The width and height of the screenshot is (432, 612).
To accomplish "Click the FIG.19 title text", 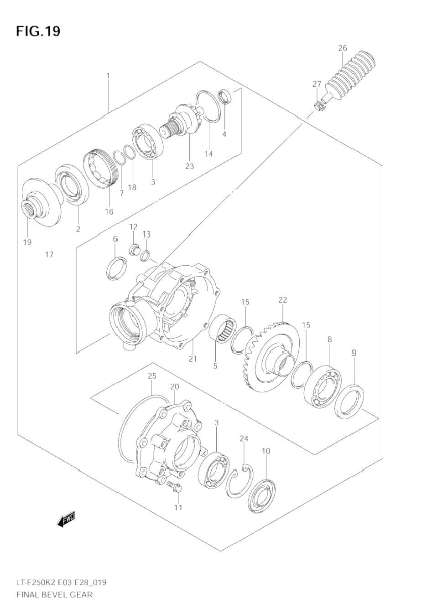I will [38, 31].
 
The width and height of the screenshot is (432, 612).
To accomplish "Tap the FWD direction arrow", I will [66, 519].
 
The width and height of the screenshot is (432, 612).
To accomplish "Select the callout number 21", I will [193, 359].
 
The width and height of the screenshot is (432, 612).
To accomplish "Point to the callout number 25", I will [152, 376].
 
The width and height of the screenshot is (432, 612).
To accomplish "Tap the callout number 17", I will [49, 254].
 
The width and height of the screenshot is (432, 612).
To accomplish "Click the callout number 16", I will [109, 211].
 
